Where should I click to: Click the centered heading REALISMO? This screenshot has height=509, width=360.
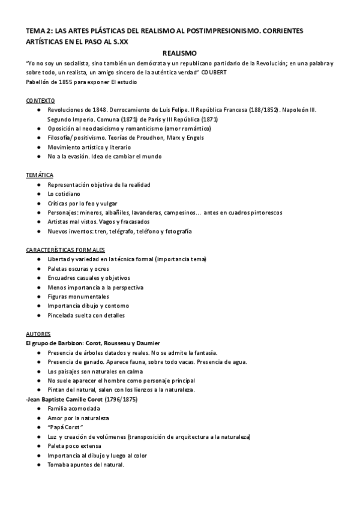[x=180, y=53]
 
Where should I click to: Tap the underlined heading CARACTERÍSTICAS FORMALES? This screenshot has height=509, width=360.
[x=66, y=249]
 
